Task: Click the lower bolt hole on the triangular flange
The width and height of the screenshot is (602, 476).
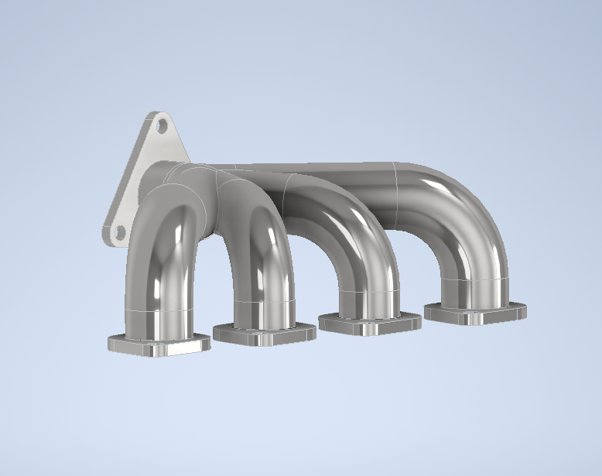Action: tap(118, 231)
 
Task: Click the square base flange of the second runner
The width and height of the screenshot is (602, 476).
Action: tap(263, 334)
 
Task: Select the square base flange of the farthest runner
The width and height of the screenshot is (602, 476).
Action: tap(474, 312)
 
